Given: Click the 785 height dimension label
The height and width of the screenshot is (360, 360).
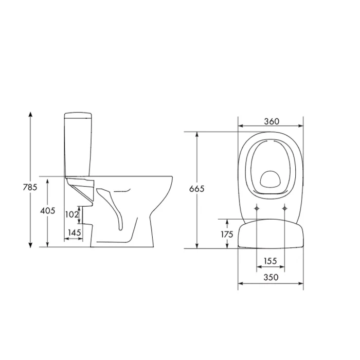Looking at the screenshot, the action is [30, 187].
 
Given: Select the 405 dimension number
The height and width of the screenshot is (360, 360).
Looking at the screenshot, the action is [47, 210].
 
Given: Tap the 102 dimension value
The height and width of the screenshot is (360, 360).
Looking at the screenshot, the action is [72, 214].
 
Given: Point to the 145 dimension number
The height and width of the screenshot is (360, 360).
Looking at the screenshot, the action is [75, 232].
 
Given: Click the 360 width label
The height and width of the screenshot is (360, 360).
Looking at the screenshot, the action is [272, 121].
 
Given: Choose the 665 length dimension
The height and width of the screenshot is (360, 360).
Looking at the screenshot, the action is [196, 189].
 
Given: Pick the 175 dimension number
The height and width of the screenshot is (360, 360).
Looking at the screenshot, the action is [227, 234].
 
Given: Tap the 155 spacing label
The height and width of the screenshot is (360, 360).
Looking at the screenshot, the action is [270, 261].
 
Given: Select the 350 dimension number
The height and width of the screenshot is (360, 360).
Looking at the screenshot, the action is [271, 277].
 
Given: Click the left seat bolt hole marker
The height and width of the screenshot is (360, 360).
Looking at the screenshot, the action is [257, 208].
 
